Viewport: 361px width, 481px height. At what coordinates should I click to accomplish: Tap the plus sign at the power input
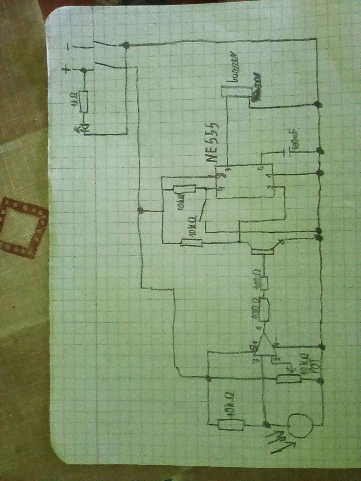point(67,71)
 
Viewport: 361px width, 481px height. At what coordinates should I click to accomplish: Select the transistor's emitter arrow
point(281,242)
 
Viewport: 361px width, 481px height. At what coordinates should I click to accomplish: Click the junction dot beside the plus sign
point(84,71)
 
